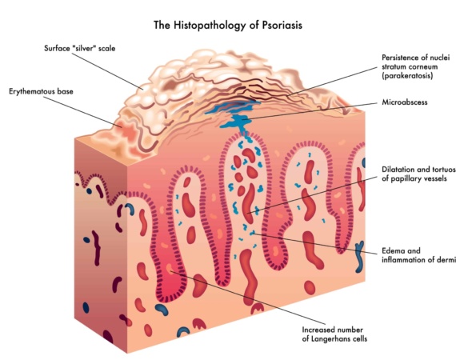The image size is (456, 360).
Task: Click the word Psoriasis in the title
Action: point(282,26)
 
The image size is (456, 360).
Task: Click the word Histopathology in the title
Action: point(210,26)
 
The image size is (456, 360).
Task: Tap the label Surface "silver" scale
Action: point(80,48)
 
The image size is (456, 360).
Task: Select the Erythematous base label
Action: point(41,91)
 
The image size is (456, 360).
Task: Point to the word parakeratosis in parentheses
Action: point(407,76)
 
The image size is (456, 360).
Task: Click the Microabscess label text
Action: point(405,102)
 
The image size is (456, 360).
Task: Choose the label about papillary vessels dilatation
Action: point(418,174)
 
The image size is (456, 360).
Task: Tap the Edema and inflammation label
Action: point(418,255)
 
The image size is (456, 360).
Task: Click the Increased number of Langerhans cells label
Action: point(334,334)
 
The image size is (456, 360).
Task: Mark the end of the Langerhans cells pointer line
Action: point(170,271)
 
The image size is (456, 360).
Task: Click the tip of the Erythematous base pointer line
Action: point(122,126)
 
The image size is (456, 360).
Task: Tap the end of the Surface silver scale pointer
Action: point(143,89)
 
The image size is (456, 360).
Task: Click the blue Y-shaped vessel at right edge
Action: point(360,257)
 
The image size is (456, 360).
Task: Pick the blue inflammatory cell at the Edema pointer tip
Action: point(252,233)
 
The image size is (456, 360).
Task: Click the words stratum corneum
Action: point(410,66)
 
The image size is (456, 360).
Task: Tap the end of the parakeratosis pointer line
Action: point(286,95)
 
